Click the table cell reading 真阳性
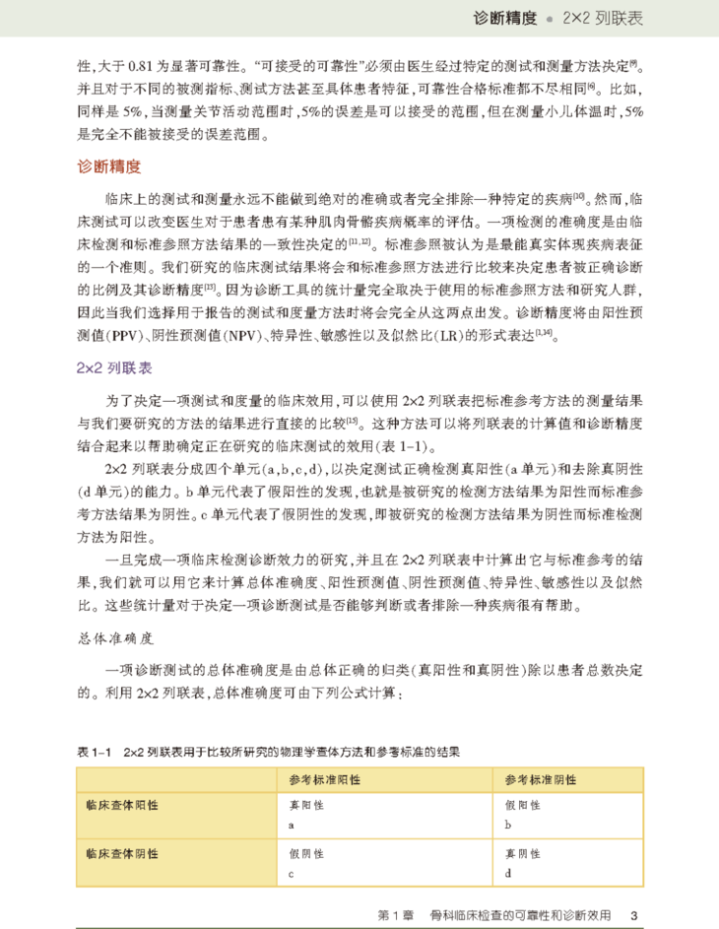(305, 805)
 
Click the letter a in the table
(292, 823)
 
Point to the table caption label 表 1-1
(96, 752)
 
